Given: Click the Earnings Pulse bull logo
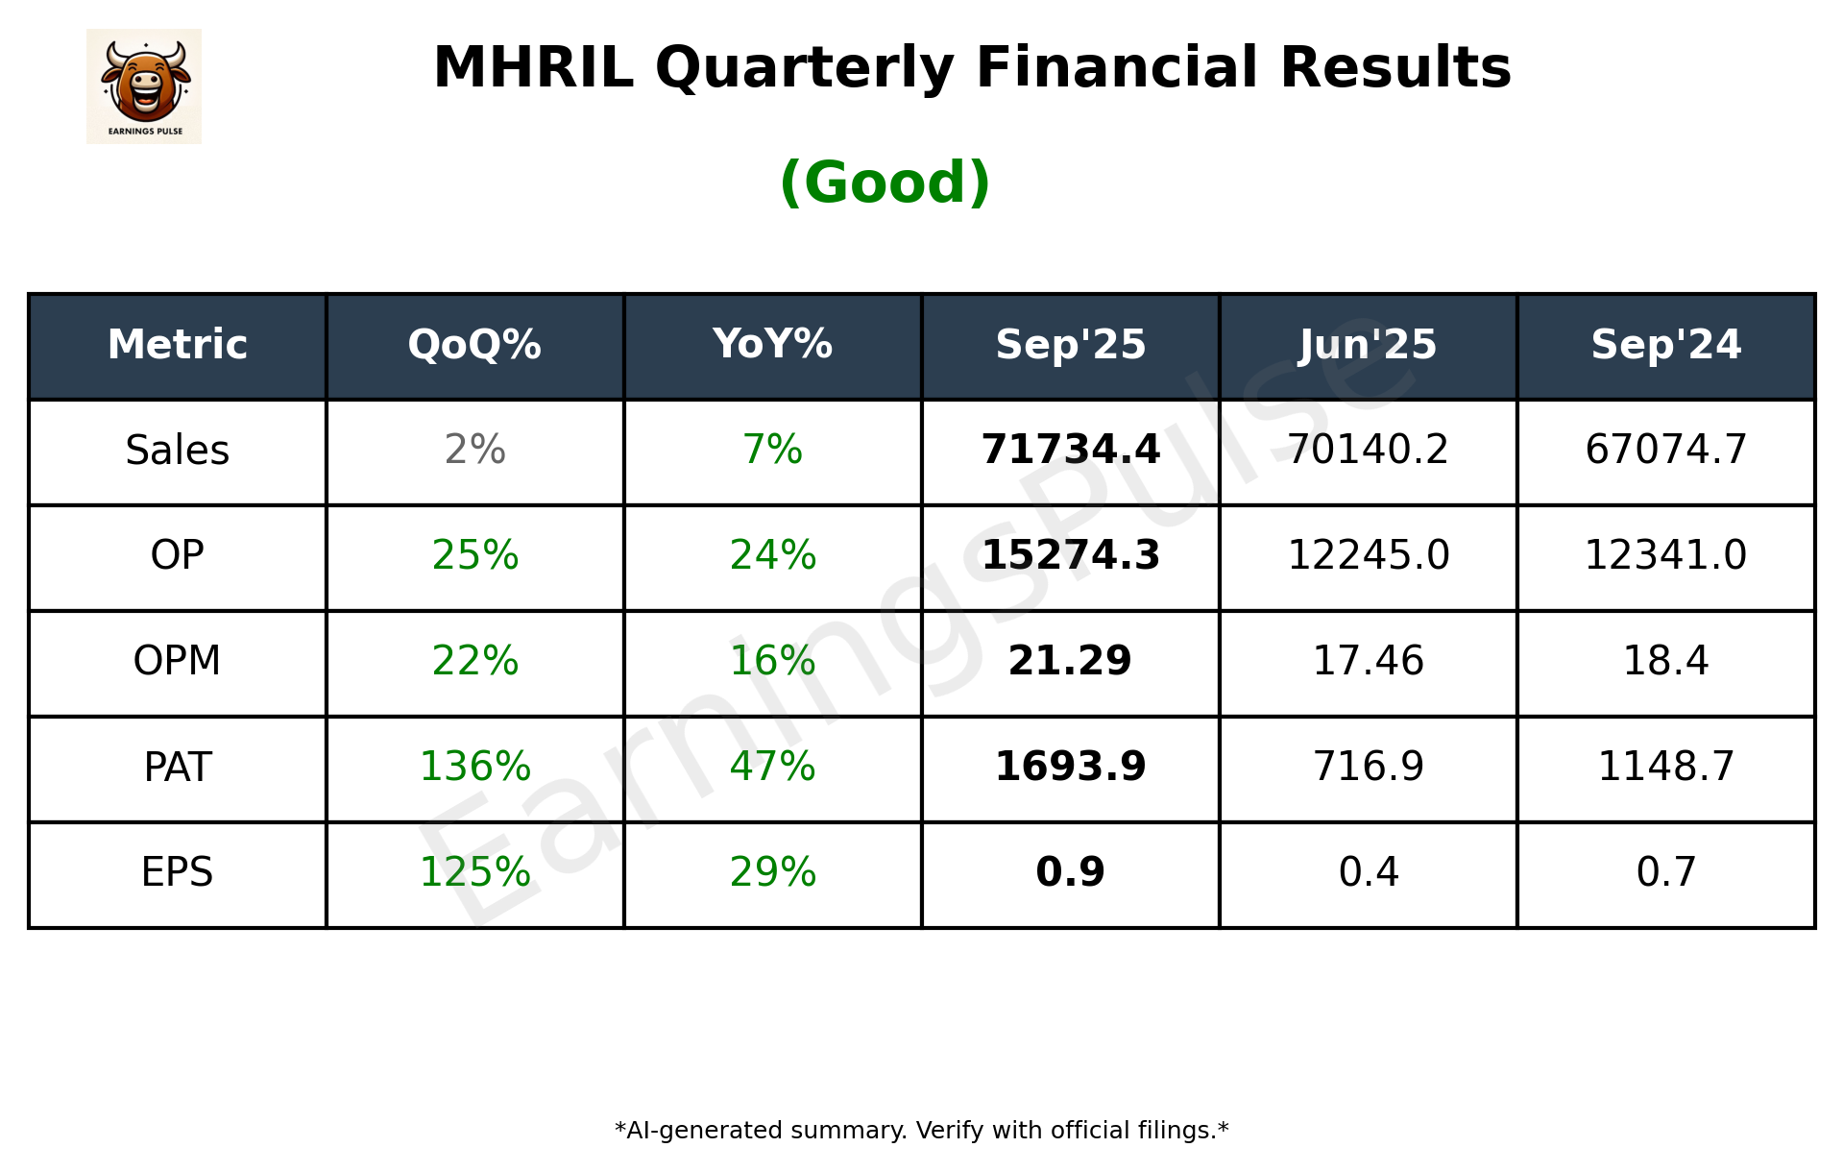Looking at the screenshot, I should tap(144, 86).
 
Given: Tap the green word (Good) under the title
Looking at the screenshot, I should tap(885, 183).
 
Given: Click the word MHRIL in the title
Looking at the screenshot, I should tap(533, 68).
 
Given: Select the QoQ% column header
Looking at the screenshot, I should tap(474, 345).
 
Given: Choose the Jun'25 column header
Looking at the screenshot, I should tap(1368, 345).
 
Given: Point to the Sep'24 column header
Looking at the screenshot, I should tap(1665, 345).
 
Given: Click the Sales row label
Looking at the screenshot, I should tap(178, 451).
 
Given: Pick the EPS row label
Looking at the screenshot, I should tap(178, 872).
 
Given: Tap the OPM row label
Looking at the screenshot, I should tap(178, 661).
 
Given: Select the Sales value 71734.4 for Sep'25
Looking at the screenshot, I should tap(1070, 450).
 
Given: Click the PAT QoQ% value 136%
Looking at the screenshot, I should tap(474, 767).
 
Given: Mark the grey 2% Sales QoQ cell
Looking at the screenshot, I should tap(474, 450).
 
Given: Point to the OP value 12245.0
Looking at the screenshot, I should tap(1368, 555).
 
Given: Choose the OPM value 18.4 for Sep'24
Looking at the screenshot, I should tap(1665, 661).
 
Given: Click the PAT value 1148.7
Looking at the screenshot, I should tap(1665, 767).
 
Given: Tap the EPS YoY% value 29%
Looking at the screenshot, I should tap(772, 872).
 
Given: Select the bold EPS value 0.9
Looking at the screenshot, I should tap(1070, 872).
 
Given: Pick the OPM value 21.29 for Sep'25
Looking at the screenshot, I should tap(1070, 661).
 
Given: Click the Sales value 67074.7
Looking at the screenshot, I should tap(1665, 450).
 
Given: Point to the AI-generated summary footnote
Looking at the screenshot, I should tap(921, 1131).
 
